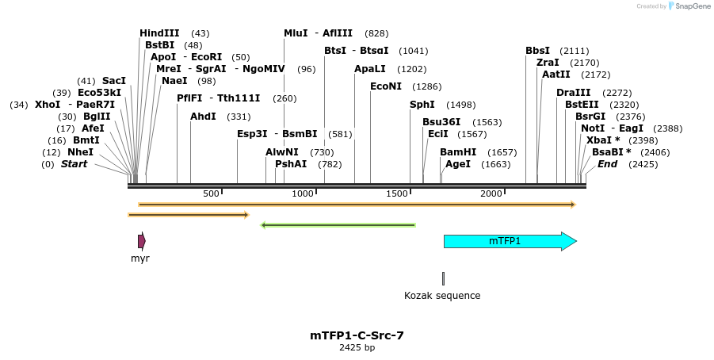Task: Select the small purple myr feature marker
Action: pos(141,242)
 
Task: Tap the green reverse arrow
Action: pos(338,225)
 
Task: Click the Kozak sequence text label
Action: pos(442,296)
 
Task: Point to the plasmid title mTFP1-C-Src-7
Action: pos(357,335)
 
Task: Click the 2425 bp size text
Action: pos(357,347)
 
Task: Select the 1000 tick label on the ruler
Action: pos(303,194)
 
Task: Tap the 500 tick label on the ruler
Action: pos(211,194)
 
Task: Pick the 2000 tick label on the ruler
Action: pos(491,194)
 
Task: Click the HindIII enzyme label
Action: pos(159,33)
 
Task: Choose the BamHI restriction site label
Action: pos(458,152)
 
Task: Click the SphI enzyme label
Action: pos(422,105)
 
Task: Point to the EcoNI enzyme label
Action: pos(386,86)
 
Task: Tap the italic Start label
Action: pos(74,164)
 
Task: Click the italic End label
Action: pos(607,164)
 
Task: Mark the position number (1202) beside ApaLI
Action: pos(411,69)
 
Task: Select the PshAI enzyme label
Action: pos(291,164)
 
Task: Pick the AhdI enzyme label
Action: pos(203,117)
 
